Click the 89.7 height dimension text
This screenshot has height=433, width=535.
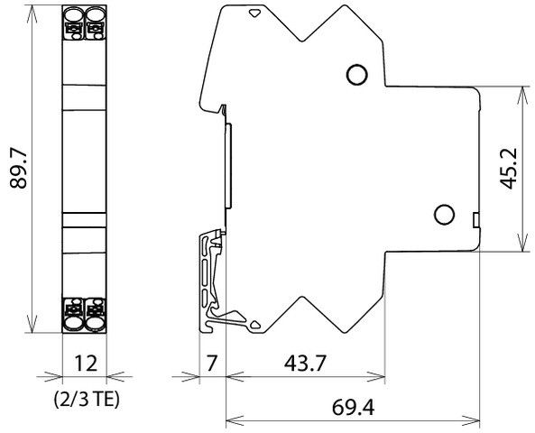click(16, 168)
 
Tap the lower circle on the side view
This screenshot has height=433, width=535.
click(443, 215)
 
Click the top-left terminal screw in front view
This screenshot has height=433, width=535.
click(73, 14)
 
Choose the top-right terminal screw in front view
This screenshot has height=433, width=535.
click(95, 14)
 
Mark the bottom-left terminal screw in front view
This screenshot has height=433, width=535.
click(73, 319)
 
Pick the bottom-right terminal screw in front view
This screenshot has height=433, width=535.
click(95, 319)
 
